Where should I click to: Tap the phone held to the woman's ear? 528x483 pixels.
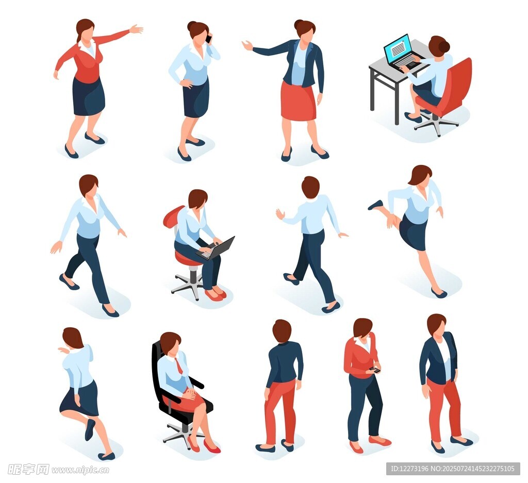pos(208,38)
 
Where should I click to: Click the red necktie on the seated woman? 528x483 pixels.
pos(179,366)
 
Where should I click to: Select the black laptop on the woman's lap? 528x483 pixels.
pos(216,248)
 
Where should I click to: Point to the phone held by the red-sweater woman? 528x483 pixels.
pos(375,370)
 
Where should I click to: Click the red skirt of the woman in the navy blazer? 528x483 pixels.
pos(299,101)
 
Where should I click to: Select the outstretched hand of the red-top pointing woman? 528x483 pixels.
pos(136,29)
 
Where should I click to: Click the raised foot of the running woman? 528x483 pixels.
pos(375,205)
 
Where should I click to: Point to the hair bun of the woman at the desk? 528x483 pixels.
pos(444,46)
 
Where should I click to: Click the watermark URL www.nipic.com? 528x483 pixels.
pos(80,470)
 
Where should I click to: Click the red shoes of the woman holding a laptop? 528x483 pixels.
pos(216,295)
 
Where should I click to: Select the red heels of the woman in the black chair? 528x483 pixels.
pos(203,444)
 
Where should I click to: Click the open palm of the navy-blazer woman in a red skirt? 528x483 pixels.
pos(247,45)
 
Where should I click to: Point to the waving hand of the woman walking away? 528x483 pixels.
pos(280,214)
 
